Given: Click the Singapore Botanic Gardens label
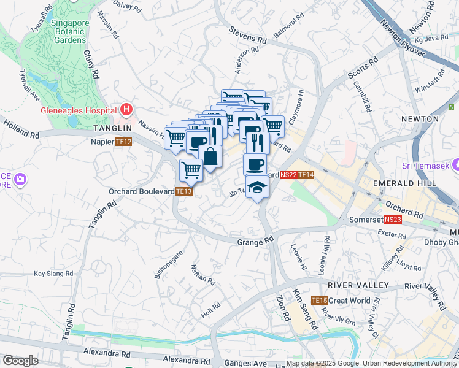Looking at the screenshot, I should coord(69,31).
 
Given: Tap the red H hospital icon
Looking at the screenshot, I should coord(126,110).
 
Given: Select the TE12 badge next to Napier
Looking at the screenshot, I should coord(123,142).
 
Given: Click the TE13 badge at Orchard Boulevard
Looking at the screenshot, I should coord(183,191).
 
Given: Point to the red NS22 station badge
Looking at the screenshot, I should coord(288,175).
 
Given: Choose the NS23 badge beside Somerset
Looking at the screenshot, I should coord(393,220).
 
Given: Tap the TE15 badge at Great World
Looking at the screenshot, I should coord(318,301).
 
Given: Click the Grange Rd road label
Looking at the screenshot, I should coord(255,242).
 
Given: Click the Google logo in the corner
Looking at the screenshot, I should coord(20,361).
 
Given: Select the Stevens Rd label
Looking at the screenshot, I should coord(248,34).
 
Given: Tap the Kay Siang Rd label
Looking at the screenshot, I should coord(53,274).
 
